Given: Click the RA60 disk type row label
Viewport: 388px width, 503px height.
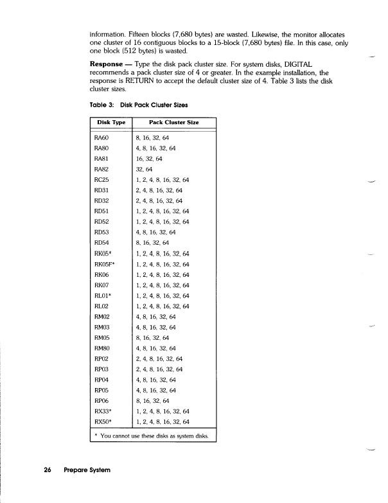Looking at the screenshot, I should click(102, 137).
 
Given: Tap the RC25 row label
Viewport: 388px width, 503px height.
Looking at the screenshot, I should click(102, 179).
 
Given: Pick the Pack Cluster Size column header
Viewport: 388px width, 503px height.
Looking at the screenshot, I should click(173, 121).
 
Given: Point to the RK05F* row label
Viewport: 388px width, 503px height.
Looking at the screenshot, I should click(106, 263).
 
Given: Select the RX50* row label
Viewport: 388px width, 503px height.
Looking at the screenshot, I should click(103, 421).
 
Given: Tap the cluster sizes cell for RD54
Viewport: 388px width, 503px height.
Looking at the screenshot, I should click(153, 242).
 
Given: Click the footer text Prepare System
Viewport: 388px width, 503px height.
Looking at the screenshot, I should click(86, 470).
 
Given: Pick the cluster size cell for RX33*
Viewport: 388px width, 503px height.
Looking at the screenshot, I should click(163, 410).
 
